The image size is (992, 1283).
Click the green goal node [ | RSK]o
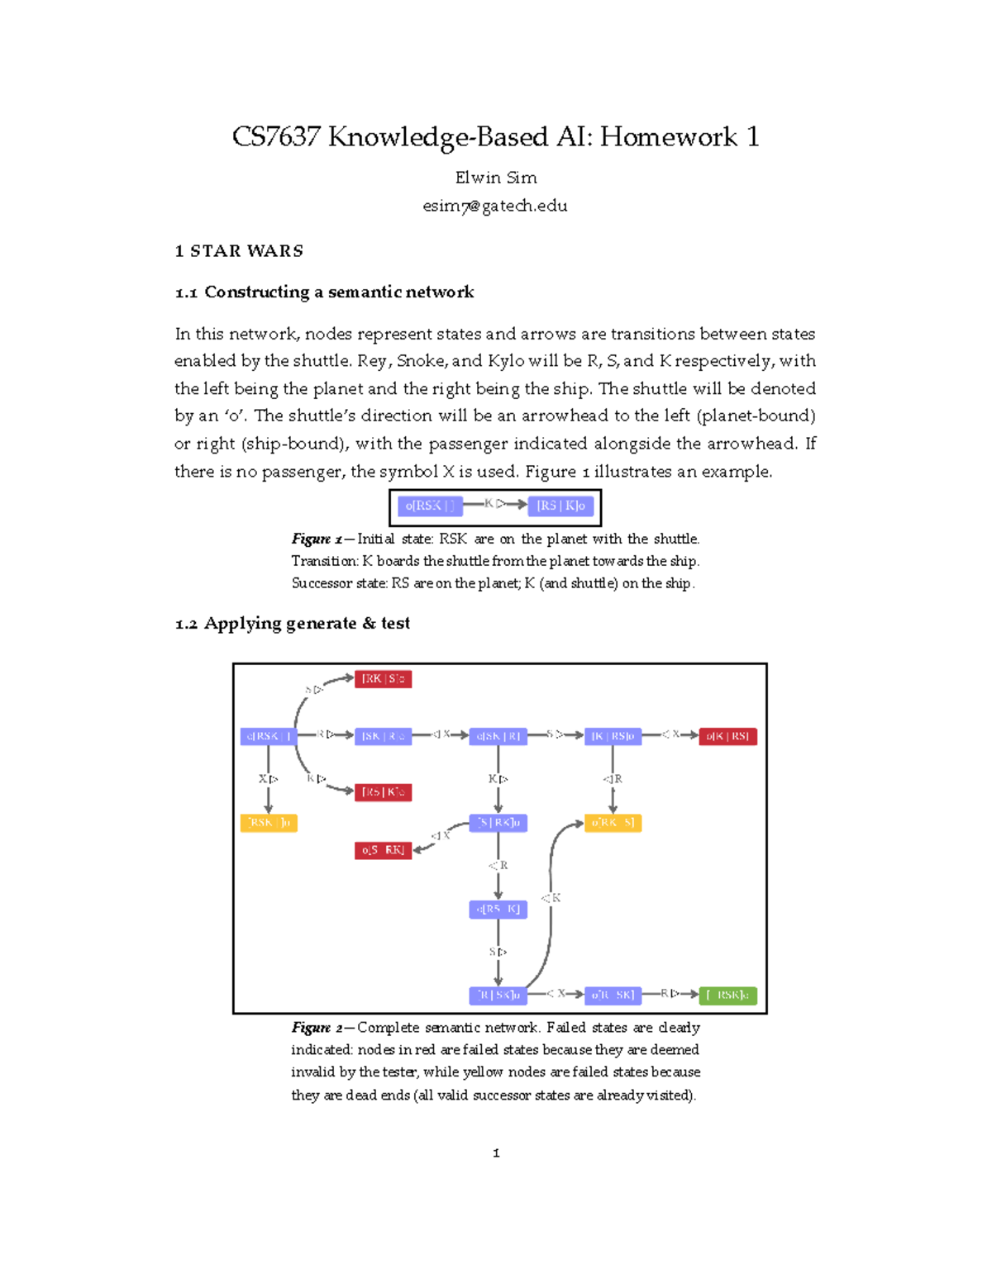point(727,995)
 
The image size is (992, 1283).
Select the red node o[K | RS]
point(727,736)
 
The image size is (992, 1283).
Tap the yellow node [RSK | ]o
point(269,823)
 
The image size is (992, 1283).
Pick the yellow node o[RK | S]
point(613,823)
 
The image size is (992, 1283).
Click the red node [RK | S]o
point(383,679)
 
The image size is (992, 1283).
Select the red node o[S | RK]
point(383,850)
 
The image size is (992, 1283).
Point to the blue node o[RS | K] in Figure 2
point(498,910)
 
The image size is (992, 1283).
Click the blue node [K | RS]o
point(613,736)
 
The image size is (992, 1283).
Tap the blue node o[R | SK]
point(613,995)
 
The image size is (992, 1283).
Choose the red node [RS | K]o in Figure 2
point(383,792)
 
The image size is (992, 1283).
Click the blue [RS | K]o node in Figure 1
point(560,506)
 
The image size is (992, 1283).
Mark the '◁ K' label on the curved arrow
point(551,898)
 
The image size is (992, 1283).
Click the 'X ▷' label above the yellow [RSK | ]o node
point(268,779)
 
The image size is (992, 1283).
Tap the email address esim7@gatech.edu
point(495,206)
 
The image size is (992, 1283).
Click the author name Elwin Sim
point(496,178)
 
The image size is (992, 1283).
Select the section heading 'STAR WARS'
point(246,251)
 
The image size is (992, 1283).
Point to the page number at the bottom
point(496,1153)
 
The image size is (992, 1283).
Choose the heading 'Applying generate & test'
point(307,624)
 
